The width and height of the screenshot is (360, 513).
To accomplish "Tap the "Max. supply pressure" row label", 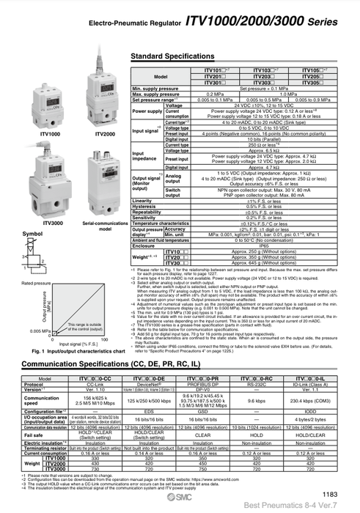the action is click(x=155, y=94).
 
